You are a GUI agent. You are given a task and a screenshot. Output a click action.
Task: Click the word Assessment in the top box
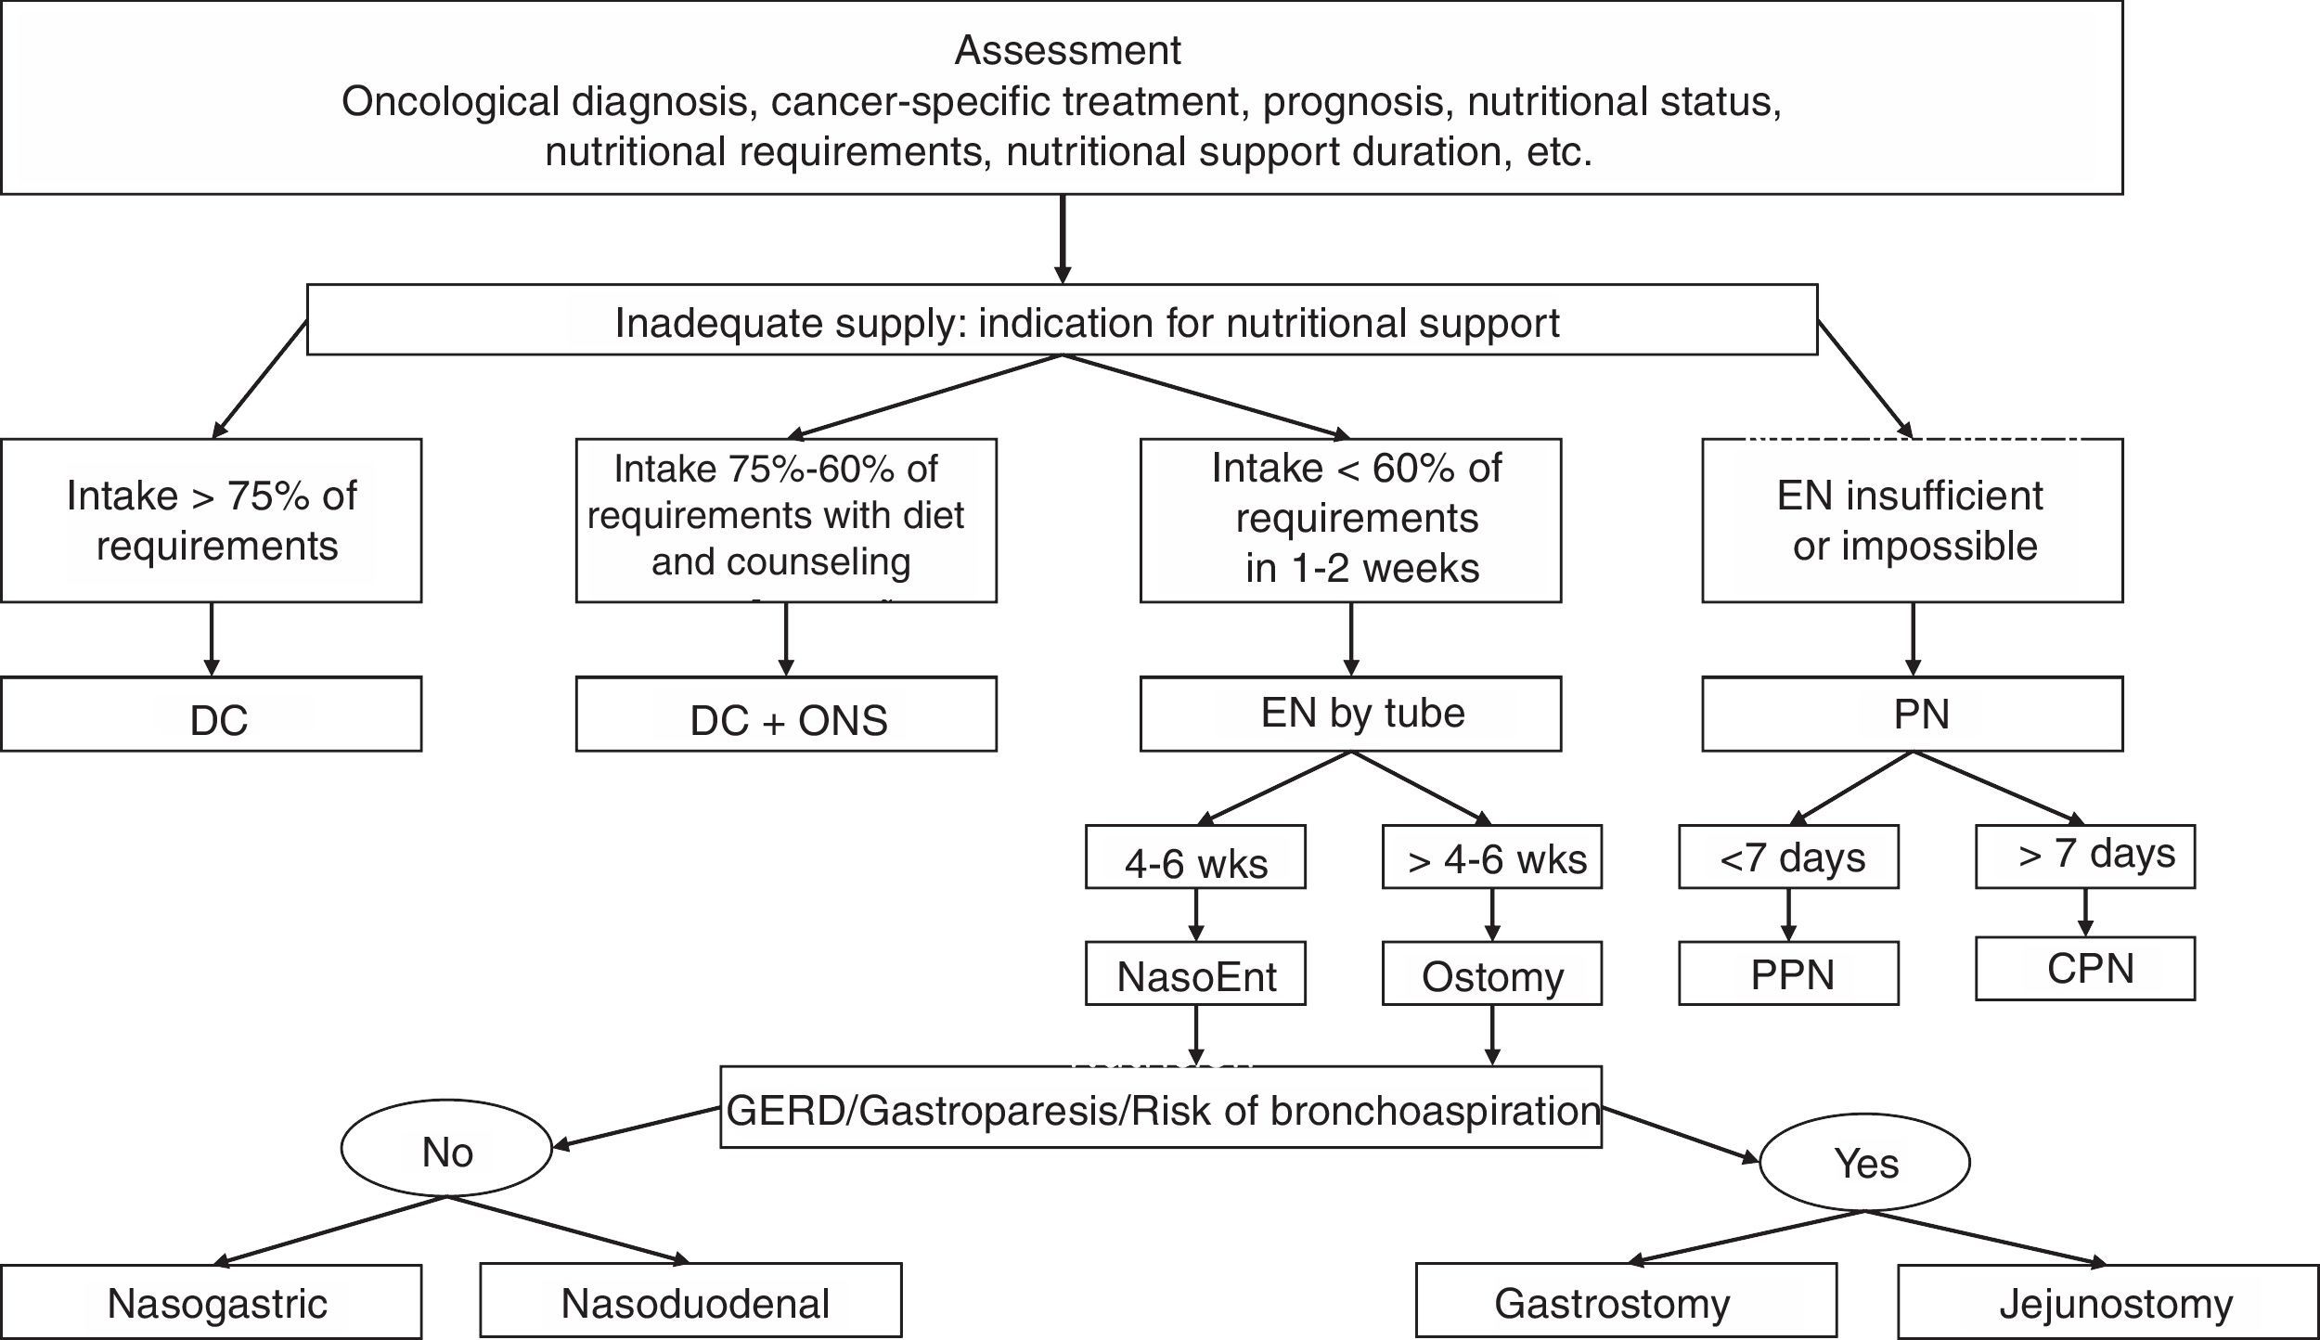[1067, 50]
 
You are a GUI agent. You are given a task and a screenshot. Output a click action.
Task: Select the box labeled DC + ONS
[786, 715]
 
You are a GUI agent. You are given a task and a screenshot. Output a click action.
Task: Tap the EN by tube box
[1350, 714]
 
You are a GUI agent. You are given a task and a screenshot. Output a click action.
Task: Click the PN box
[1912, 714]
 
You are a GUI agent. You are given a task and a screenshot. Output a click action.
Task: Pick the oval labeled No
[446, 1152]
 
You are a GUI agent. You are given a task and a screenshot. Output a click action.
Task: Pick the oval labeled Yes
[1864, 1163]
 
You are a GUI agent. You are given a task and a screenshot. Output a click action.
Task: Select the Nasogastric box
[212, 1302]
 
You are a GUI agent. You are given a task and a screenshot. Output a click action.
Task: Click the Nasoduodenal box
[691, 1302]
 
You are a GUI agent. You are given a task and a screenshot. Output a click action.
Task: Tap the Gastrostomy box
[1626, 1302]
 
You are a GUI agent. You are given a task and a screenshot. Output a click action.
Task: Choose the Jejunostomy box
[2107, 1302]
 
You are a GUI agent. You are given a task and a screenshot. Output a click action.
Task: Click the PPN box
[1788, 973]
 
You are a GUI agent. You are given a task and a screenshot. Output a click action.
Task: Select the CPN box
[2085, 968]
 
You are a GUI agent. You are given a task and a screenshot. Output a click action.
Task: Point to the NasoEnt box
[1195, 973]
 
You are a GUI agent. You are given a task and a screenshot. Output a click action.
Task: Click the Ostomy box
[1491, 973]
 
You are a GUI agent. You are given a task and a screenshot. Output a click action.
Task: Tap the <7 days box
[1788, 857]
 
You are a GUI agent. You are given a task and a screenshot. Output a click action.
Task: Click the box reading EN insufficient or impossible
[1912, 521]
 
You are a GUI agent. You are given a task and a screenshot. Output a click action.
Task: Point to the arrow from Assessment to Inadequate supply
[1063, 238]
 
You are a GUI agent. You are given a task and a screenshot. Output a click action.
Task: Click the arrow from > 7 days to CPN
[2085, 913]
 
